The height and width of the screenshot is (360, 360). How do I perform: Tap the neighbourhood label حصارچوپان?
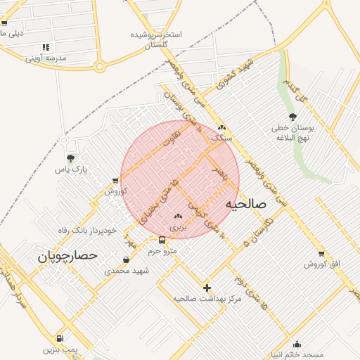click(x=67, y=257)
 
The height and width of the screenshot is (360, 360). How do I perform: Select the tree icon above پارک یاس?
click(x=70, y=158)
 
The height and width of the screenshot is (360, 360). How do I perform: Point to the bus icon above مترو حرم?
click(x=162, y=240)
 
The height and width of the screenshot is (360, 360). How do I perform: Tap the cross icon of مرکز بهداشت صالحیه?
click(x=207, y=288)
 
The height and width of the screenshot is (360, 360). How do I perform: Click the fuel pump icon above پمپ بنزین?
click(x=59, y=338)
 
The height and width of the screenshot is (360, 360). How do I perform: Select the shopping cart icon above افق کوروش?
click(x=321, y=253)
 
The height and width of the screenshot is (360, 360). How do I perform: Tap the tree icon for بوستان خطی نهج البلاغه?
click(x=292, y=117)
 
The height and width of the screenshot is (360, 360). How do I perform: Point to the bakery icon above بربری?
click(x=177, y=217)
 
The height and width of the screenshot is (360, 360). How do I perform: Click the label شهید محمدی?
click(x=123, y=270)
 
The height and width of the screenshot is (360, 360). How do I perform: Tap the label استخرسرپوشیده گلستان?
click(x=157, y=39)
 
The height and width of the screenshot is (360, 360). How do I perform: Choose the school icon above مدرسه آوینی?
click(x=46, y=47)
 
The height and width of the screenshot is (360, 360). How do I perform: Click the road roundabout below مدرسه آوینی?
click(x=100, y=67)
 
